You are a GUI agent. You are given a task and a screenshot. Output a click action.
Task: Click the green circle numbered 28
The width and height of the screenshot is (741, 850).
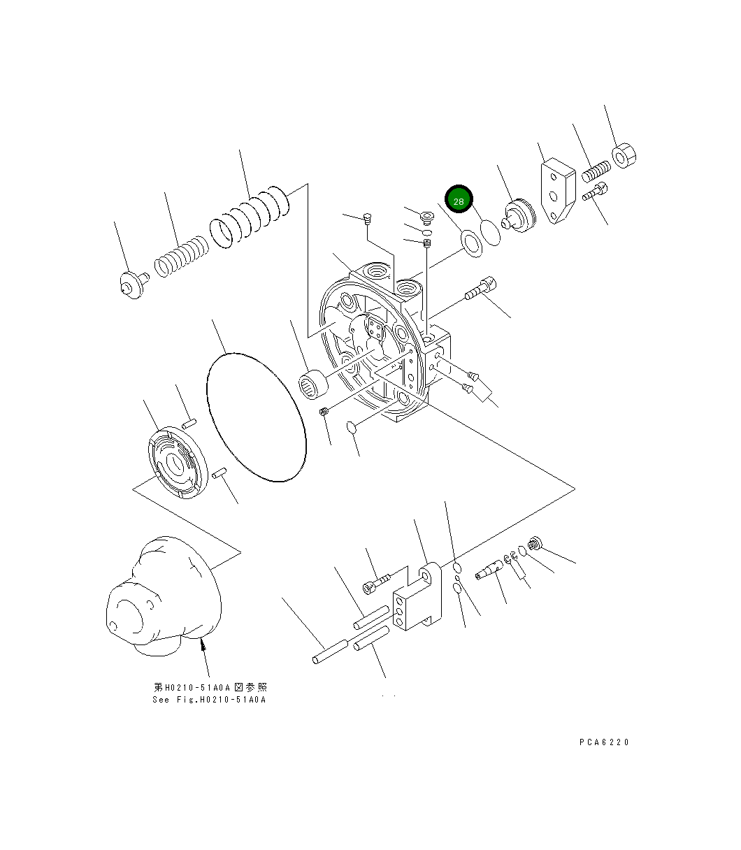click(x=459, y=201)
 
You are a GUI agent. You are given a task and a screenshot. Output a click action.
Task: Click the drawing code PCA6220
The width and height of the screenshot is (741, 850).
click(x=604, y=742)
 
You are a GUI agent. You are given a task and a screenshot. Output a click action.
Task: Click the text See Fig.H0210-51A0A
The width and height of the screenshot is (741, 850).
click(x=209, y=700)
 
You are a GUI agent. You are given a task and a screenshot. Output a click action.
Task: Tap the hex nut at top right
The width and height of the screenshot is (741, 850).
click(x=624, y=157)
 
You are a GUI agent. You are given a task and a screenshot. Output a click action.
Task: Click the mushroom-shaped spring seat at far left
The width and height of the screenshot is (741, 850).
click(x=131, y=285)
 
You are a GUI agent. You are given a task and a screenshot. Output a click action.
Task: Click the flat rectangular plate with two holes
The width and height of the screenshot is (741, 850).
click(x=557, y=193)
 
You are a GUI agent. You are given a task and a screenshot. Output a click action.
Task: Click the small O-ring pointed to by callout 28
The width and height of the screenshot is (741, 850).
click(x=491, y=233)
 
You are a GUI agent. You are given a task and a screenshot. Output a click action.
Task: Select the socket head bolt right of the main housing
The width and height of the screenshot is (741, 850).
click(x=482, y=289)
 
